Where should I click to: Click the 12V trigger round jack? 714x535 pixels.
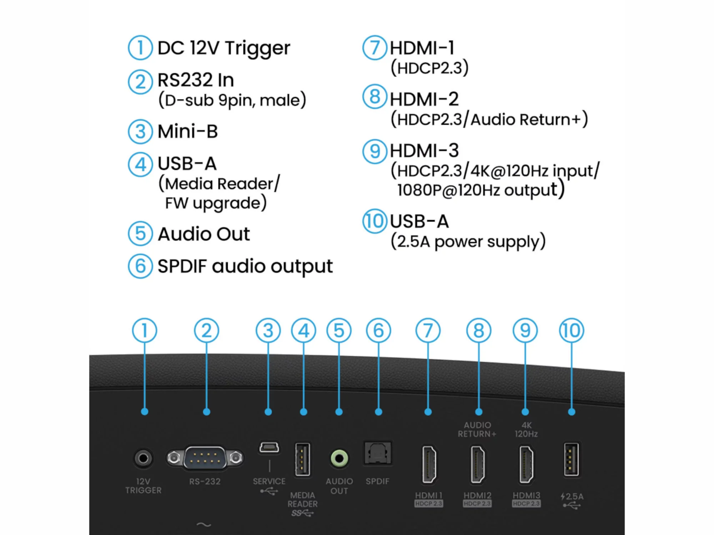144,458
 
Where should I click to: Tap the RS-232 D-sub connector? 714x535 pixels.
205,458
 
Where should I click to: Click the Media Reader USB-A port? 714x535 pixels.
302,460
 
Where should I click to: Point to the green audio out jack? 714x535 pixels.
339,458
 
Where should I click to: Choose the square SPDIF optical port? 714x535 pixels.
378,453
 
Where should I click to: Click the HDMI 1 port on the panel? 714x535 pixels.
429,464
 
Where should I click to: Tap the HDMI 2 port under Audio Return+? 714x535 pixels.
478,464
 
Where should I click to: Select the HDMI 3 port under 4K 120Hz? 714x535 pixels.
526,464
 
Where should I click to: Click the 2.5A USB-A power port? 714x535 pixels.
571,459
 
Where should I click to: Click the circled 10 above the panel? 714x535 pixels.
572,330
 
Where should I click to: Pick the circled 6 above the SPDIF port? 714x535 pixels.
378,330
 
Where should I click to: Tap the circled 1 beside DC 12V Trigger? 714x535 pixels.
140,47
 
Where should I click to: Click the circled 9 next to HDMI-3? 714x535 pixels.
374,151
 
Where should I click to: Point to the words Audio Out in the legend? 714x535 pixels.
204,234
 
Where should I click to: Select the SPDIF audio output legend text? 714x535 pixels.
245,266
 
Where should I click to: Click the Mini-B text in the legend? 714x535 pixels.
188,131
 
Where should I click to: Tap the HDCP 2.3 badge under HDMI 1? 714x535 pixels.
429,504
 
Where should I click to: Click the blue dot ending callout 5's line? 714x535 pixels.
339,412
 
